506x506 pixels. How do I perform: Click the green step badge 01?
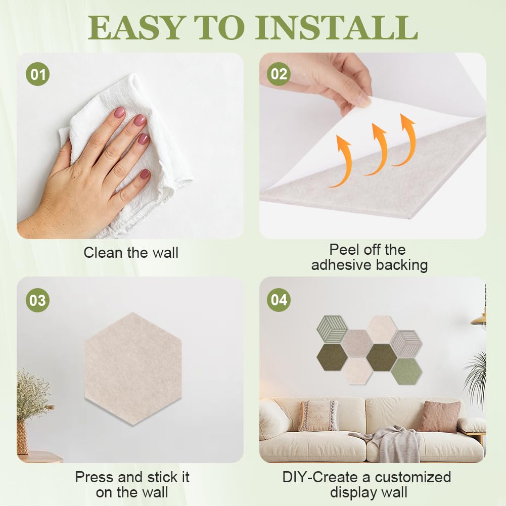click(x=38, y=74)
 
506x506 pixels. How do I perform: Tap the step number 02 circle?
click(x=279, y=74)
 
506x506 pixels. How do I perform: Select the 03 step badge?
click(x=38, y=300)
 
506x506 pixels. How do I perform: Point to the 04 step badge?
click(x=279, y=300)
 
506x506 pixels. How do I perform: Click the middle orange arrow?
click(x=376, y=149)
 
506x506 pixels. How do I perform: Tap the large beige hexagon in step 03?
click(x=133, y=369)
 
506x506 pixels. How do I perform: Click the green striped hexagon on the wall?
click(x=332, y=330)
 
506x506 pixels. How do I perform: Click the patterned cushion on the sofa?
click(x=319, y=416)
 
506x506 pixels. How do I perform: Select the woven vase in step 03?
click(x=23, y=438)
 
